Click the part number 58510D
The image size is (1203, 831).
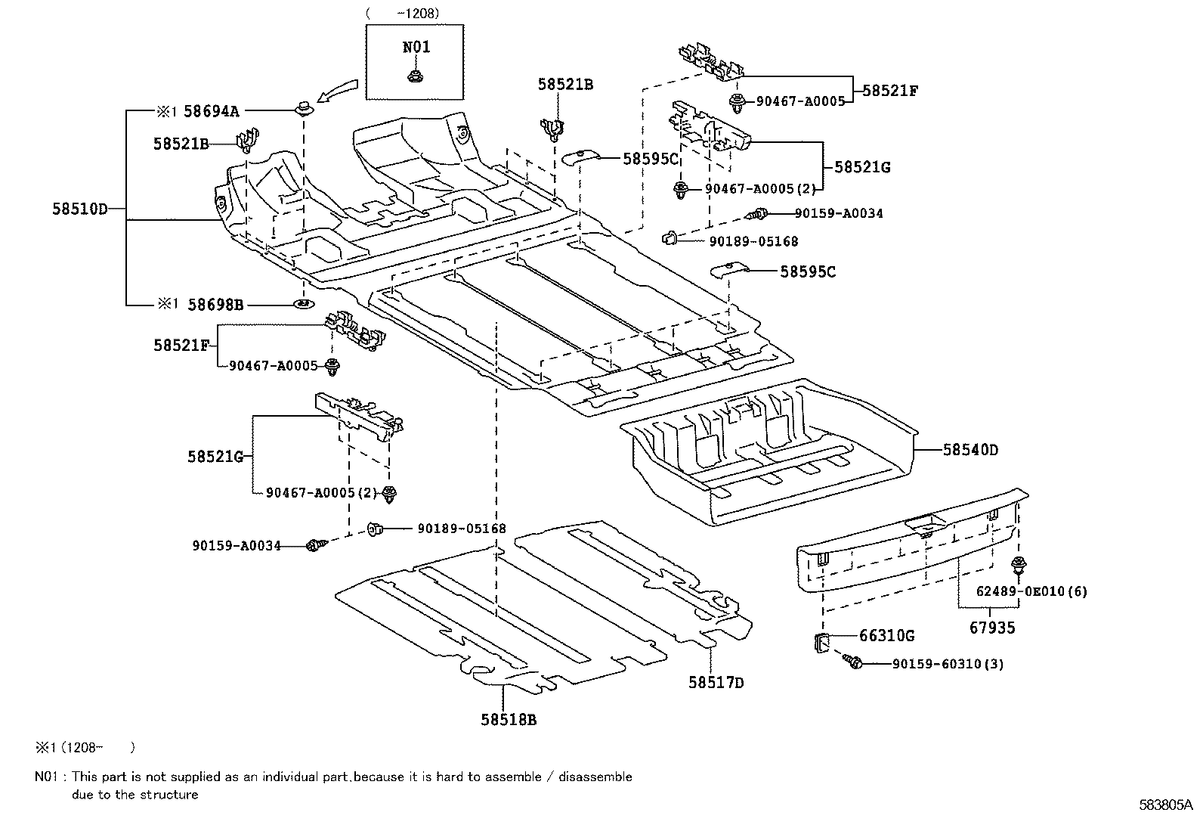[79, 209]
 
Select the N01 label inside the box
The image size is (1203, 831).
[416, 47]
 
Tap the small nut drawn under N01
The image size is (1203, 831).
[414, 75]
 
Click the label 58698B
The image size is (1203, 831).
[215, 305]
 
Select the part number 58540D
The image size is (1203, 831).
[970, 451]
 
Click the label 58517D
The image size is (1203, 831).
[716, 683]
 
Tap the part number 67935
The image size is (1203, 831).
[992, 628]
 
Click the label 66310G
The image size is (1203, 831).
[886, 636]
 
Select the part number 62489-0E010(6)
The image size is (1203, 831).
[1031, 591]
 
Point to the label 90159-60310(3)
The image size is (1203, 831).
[948, 665]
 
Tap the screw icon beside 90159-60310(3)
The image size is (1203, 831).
[855, 662]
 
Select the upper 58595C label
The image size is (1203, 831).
[651, 159]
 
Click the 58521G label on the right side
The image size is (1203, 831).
[862, 167]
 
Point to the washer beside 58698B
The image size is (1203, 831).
[303, 305]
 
